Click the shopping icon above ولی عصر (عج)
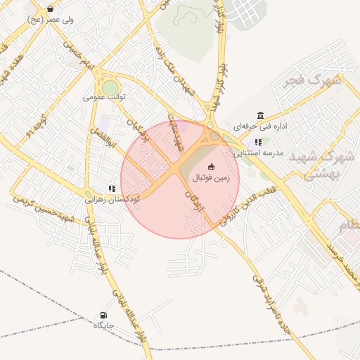click(51, 9)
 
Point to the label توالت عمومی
click(103, 96)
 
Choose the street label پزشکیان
click(137, 130)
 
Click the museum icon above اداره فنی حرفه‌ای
click(261, 115)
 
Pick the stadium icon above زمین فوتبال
click(211, 166)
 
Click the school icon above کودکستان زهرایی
click(111, 188)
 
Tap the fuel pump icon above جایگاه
click(104, 315)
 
